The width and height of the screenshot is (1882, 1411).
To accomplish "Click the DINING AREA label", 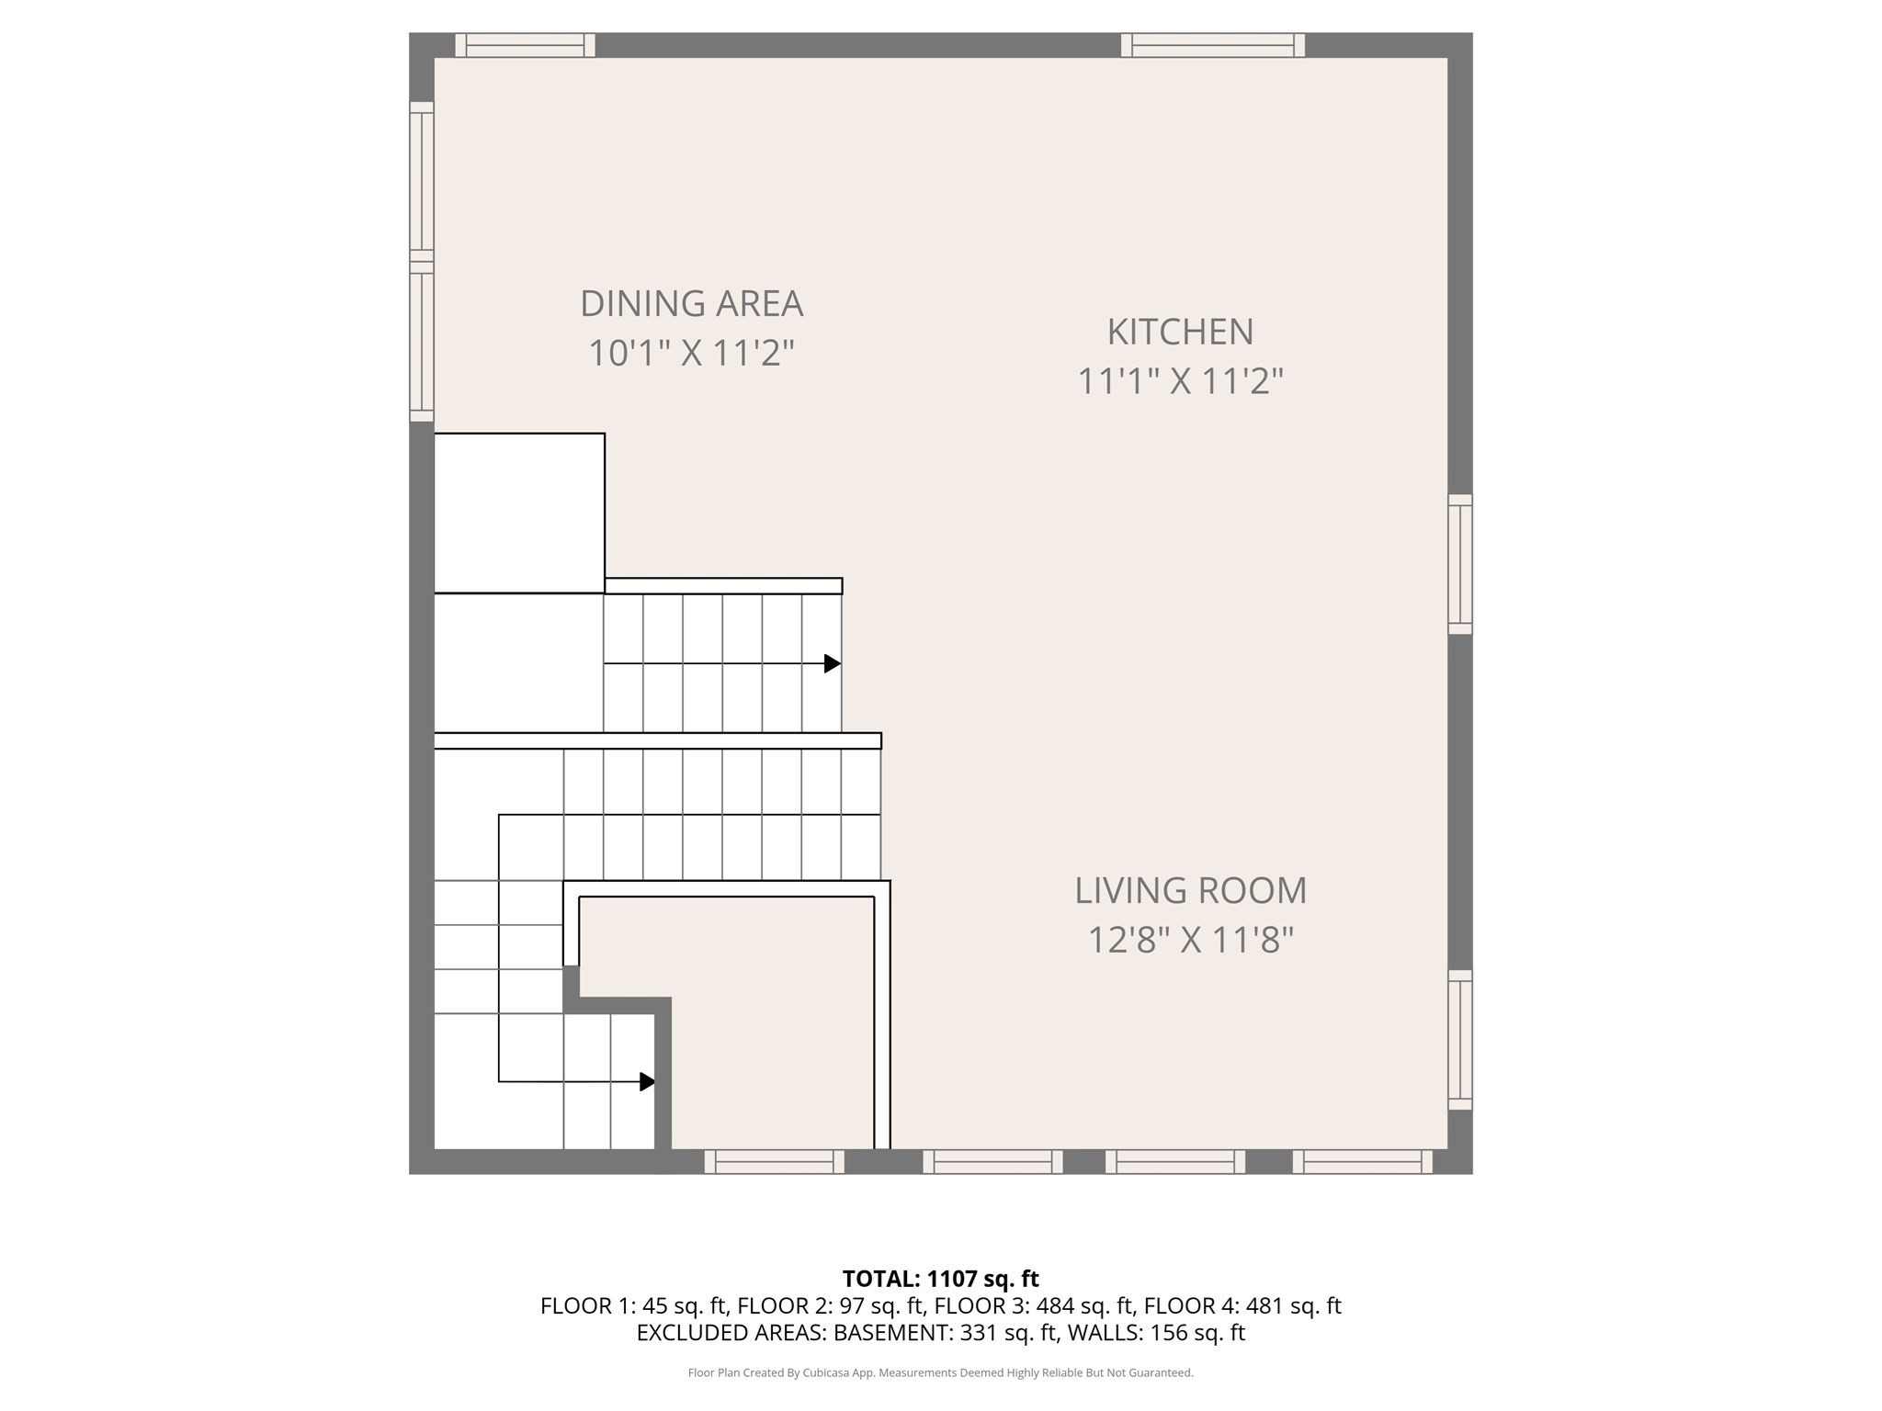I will (x=691, y=304).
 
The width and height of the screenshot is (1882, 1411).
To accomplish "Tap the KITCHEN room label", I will (x=1180, y=332).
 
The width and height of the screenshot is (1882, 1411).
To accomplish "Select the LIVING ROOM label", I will (x=1190, y=890).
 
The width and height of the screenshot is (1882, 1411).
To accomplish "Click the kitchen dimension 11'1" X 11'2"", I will (x=1180, y=381).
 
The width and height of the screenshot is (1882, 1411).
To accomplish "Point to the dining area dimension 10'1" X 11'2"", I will (x=691, y=353).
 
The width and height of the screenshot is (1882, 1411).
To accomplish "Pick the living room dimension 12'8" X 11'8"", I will (x=1190, y=940).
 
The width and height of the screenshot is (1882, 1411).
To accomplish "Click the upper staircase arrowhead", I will (x=832, y=663).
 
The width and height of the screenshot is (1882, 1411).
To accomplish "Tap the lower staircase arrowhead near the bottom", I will (x=647, y=1081).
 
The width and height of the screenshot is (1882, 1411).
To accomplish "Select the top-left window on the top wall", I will (x=525, y=45).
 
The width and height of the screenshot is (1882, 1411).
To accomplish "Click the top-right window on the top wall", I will (x=1212, y=45).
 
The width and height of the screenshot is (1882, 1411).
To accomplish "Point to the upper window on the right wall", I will (x=1459, y=564).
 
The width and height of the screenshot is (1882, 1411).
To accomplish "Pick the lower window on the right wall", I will (x=1459, y=1040).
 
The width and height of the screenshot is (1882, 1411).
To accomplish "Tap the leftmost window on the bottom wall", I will (x=774, y=1162).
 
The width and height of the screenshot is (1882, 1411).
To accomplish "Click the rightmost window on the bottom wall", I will (x=1362, y=1162).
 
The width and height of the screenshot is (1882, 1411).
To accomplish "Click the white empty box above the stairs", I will (x=519, y=513).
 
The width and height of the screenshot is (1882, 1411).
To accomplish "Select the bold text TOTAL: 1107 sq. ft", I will (x=940, y=1279).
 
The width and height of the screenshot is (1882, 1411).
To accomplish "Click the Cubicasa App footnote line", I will (x=940, y=1372).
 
